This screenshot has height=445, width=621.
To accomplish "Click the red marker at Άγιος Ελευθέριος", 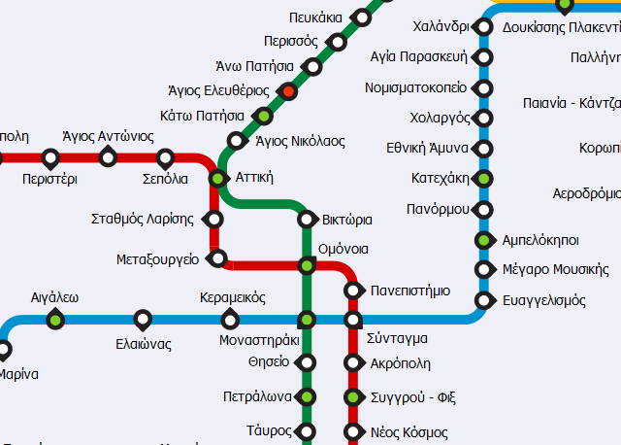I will [287, 91].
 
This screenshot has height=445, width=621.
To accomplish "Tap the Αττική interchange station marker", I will [217, 178].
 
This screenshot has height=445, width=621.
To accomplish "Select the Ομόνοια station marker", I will [307, 265].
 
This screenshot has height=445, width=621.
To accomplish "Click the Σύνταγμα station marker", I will [353, 319].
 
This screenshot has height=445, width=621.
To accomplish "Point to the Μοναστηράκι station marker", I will [307, 319].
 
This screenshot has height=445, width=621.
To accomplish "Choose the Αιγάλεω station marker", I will [54, 319].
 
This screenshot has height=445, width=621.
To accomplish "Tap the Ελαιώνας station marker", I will [143, 319].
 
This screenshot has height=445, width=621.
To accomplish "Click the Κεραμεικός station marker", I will [230, 319].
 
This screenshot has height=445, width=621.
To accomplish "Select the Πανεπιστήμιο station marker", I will [353, 291].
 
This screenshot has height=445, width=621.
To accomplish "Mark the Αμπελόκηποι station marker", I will [484, 240].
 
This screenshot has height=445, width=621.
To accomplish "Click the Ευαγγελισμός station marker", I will [484, 299].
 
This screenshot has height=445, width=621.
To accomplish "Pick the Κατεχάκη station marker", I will [484, 179].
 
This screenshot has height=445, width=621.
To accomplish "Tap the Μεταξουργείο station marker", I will [217, 258].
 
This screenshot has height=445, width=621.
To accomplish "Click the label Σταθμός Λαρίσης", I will [142, 219].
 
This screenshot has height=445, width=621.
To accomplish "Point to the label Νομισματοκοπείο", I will [416, 87].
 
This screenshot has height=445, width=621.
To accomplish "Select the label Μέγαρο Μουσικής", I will [556, 269].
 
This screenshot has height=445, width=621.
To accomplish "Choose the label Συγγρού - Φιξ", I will [413, 396].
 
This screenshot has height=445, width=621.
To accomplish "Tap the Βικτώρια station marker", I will [307, 219].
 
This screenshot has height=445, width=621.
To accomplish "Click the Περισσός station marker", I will [338, 42].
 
